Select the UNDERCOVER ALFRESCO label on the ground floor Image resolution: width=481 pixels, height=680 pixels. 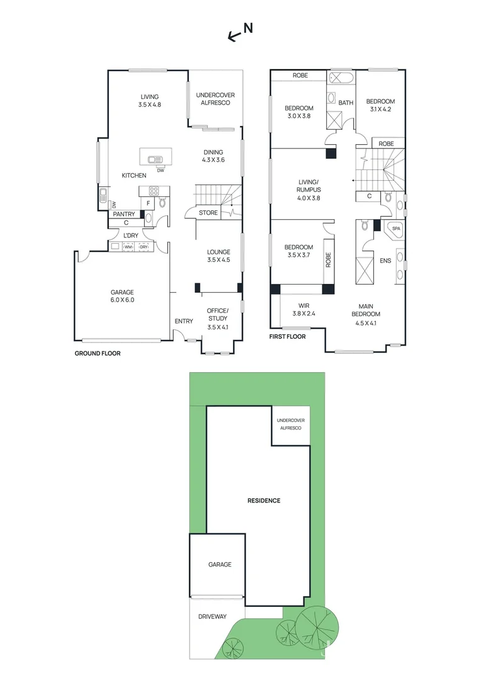coord(215,99)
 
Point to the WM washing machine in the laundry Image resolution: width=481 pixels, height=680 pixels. coord(128,247)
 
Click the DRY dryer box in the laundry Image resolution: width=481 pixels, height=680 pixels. coord(144,247)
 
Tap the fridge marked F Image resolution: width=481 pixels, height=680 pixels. coord(149,203)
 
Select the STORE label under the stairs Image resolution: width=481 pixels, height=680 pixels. coord(208,213)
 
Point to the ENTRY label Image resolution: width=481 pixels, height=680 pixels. coord(184,322)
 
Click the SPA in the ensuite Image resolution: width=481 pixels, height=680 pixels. coord(396,229)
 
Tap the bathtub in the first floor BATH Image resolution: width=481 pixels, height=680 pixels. coord(341,79)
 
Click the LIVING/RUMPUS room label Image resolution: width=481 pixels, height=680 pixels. coord(309,190)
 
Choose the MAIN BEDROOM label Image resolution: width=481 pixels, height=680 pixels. coord(366,318)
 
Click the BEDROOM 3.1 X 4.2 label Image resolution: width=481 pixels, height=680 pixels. coord(380,105)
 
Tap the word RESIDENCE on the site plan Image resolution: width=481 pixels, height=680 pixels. coord(263,501)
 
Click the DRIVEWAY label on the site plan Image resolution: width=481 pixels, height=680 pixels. coord(212,616)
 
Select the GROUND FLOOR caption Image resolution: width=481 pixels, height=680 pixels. coord(98,353)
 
